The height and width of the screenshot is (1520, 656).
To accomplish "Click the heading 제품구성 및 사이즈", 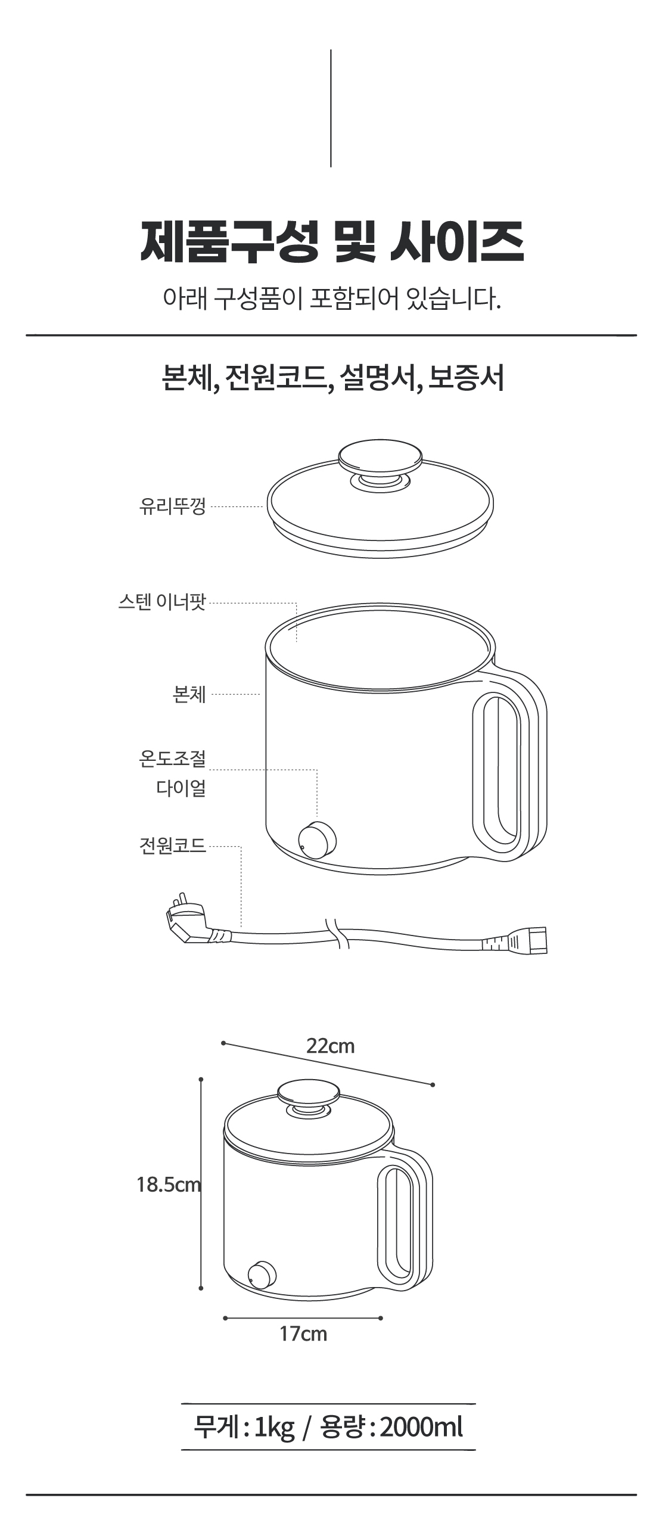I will point(332,241).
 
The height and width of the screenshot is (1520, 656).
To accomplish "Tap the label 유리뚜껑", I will point(172,506).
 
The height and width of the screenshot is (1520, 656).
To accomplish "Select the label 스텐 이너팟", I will point(161,602).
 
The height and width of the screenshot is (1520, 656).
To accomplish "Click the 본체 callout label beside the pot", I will point(189,694).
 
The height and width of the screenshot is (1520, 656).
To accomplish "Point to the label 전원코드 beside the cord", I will point(172,845).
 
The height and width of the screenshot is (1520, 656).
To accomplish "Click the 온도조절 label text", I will point(172,758).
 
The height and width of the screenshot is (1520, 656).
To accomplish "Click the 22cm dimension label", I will point(330,1046).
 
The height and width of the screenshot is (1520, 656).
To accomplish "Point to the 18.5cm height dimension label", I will point(168,1184).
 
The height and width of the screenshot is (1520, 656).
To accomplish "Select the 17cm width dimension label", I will point(303,1333).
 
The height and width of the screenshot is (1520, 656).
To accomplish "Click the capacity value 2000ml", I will point(421,1427).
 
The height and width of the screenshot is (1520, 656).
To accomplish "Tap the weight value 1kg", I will point(274,1427).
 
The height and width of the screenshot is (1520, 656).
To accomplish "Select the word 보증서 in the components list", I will point(467,377).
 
